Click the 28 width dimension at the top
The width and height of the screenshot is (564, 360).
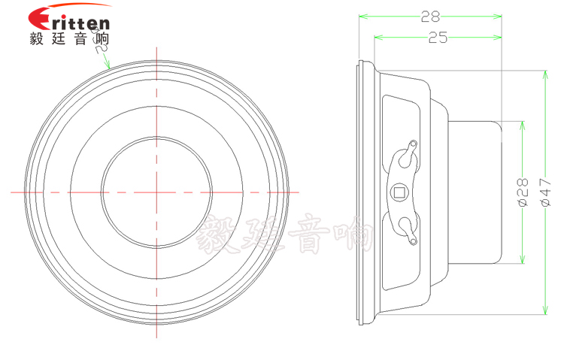431,15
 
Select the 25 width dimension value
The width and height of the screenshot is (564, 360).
438,38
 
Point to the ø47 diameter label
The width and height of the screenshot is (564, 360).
545,192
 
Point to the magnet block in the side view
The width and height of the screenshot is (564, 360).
474,192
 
